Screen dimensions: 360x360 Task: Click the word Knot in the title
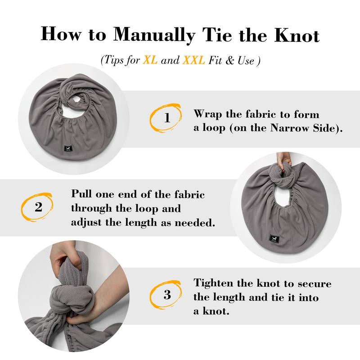pyautogui.click(x=297, y=35)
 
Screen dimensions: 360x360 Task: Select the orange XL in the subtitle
pyautogui.click(x=150, y=60)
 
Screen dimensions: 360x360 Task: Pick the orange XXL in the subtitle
pyautogui.click(x=194, y=60)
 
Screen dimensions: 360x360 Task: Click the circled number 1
pyautogui.click(x=167, y=118)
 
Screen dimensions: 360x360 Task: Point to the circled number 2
pyautogui.click(x=39, y=207)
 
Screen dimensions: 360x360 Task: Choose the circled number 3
pyautogui.click(x=167, y=295)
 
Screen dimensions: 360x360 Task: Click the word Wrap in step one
pyautogui.click(x=208, y=115)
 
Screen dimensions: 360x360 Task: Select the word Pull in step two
pyautogui.click(x=82, y=193)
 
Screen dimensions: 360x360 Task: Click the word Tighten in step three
pyautogui.click(x=213, y=283)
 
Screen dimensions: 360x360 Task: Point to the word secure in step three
pyautogui.click(x=315, y=284)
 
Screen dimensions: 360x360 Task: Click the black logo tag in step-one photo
pyautogui.click(x=67, y=149)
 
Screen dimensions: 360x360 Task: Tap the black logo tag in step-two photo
pyautogui.click(x=274, y=239)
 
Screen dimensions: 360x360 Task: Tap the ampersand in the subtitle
pyautogui.click(x=229, y=60)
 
